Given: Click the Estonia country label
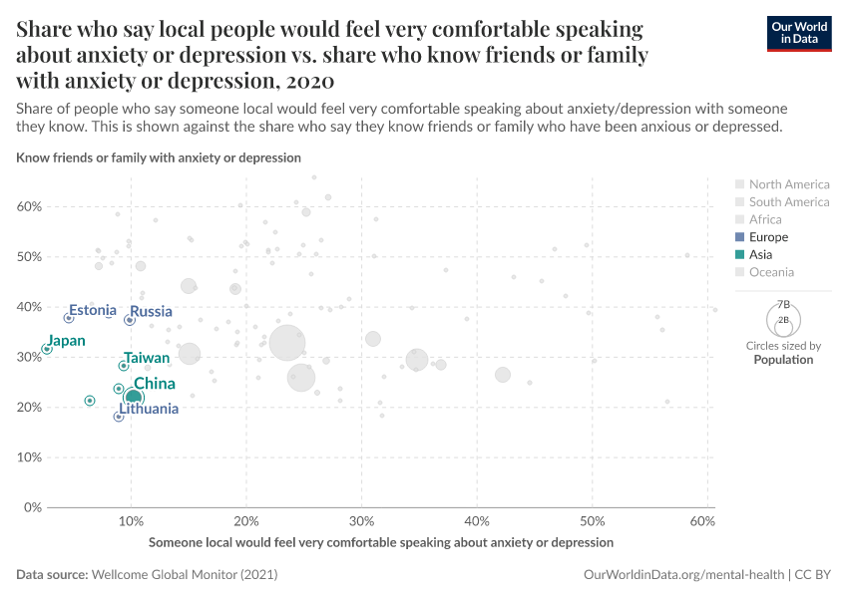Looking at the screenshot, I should click(93, 311).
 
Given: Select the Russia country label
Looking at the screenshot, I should click(152, 312).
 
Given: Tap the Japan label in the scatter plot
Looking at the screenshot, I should click(67, 341).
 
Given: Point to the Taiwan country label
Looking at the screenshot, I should click(146, 358).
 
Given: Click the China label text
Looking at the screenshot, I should click(154, 384).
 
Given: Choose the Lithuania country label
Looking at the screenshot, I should click(149, 409).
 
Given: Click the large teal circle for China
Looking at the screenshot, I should click(133, 399).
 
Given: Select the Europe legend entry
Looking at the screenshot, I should click(768, 237).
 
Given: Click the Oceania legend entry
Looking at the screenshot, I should click(771, 272).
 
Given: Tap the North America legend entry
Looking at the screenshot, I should click(788, 184).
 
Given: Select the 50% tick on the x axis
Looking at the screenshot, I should click(593, 522).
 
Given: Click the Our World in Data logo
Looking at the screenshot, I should click(799, 33).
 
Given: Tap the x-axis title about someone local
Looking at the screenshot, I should click(381, 542).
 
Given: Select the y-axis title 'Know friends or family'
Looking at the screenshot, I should click(159, 157).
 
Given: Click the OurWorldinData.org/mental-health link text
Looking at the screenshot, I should click(682, 575).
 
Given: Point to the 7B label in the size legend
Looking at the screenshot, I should click(783, 304).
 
